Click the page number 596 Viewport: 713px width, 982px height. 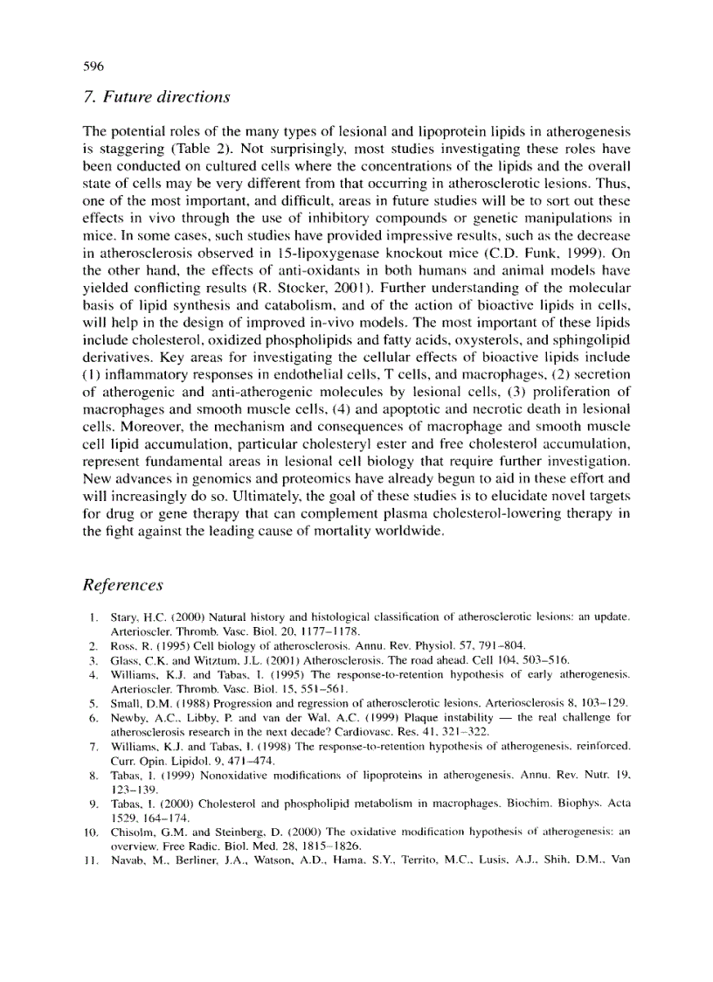(x=93, y=66)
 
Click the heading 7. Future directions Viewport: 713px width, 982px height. (x=156, y=95)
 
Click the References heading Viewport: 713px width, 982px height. (x=122, y=583)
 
